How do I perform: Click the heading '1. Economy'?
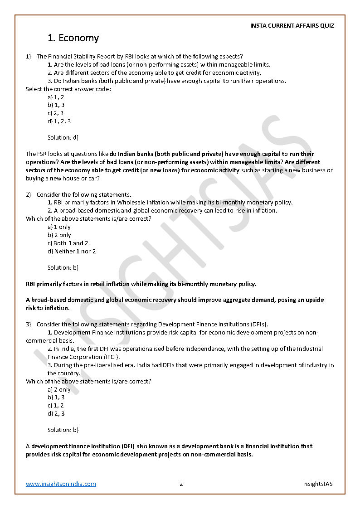(x=73, y=38)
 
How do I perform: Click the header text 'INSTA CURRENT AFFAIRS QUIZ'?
(x=292, y=26)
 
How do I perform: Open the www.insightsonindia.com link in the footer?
(x=61, y=484)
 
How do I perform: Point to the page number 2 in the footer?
(x=181, y=484)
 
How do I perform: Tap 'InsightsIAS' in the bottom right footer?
(x=317, y=484)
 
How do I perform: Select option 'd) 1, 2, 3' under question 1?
(x=59, y=121)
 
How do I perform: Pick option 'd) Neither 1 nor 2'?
(x=72, y=251)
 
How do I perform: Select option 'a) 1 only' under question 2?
(x=59, y=227)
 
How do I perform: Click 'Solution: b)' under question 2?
(x=63, y=267)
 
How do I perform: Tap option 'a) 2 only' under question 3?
(x=59, y=389)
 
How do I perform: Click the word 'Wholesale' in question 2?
(x=130, y=203)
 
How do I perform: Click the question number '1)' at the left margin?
(x=28, y=57)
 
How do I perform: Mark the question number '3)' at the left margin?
(x=28, y=324)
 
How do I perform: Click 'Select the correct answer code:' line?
(x=68, y=89)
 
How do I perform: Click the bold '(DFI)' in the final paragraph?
(x=127, y=446)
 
